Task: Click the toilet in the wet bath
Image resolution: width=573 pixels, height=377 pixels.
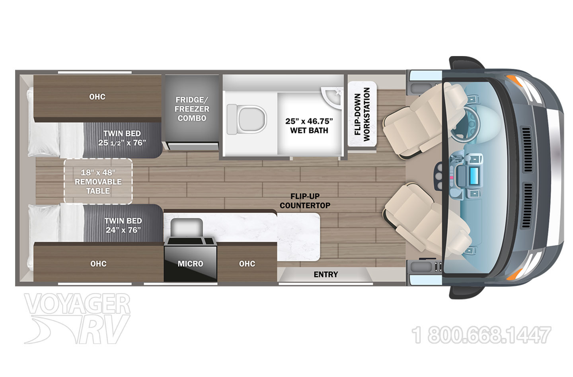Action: click(x=246, y=119)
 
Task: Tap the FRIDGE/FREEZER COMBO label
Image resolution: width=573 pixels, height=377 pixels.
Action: click(x=192, y=109)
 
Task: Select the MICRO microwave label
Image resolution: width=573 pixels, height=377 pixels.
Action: click(x=190, y=264)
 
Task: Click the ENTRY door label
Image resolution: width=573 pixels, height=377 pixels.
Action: click(x=325, y=274)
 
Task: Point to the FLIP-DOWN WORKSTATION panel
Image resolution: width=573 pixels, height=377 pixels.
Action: click(x=362, y=114)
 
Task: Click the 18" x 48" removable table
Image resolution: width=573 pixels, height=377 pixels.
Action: click(x=98, y=181)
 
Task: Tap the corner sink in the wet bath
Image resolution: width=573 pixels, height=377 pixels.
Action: click(x=332, y=98)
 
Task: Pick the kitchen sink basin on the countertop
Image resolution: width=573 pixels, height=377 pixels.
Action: click(x=187, y=227)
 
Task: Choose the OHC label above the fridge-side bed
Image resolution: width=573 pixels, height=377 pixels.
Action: click(x=97, y=97)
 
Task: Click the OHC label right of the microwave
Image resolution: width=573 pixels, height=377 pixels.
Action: click(x=247, y=264)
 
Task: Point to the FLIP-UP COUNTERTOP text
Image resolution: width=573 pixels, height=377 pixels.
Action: click(x=305, y=201)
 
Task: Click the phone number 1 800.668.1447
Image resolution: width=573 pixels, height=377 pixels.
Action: click(x=481, y=335)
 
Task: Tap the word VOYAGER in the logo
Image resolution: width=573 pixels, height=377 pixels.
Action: click(x=77, y=304)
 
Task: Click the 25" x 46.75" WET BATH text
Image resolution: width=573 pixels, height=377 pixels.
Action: click(x=309, y=126)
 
